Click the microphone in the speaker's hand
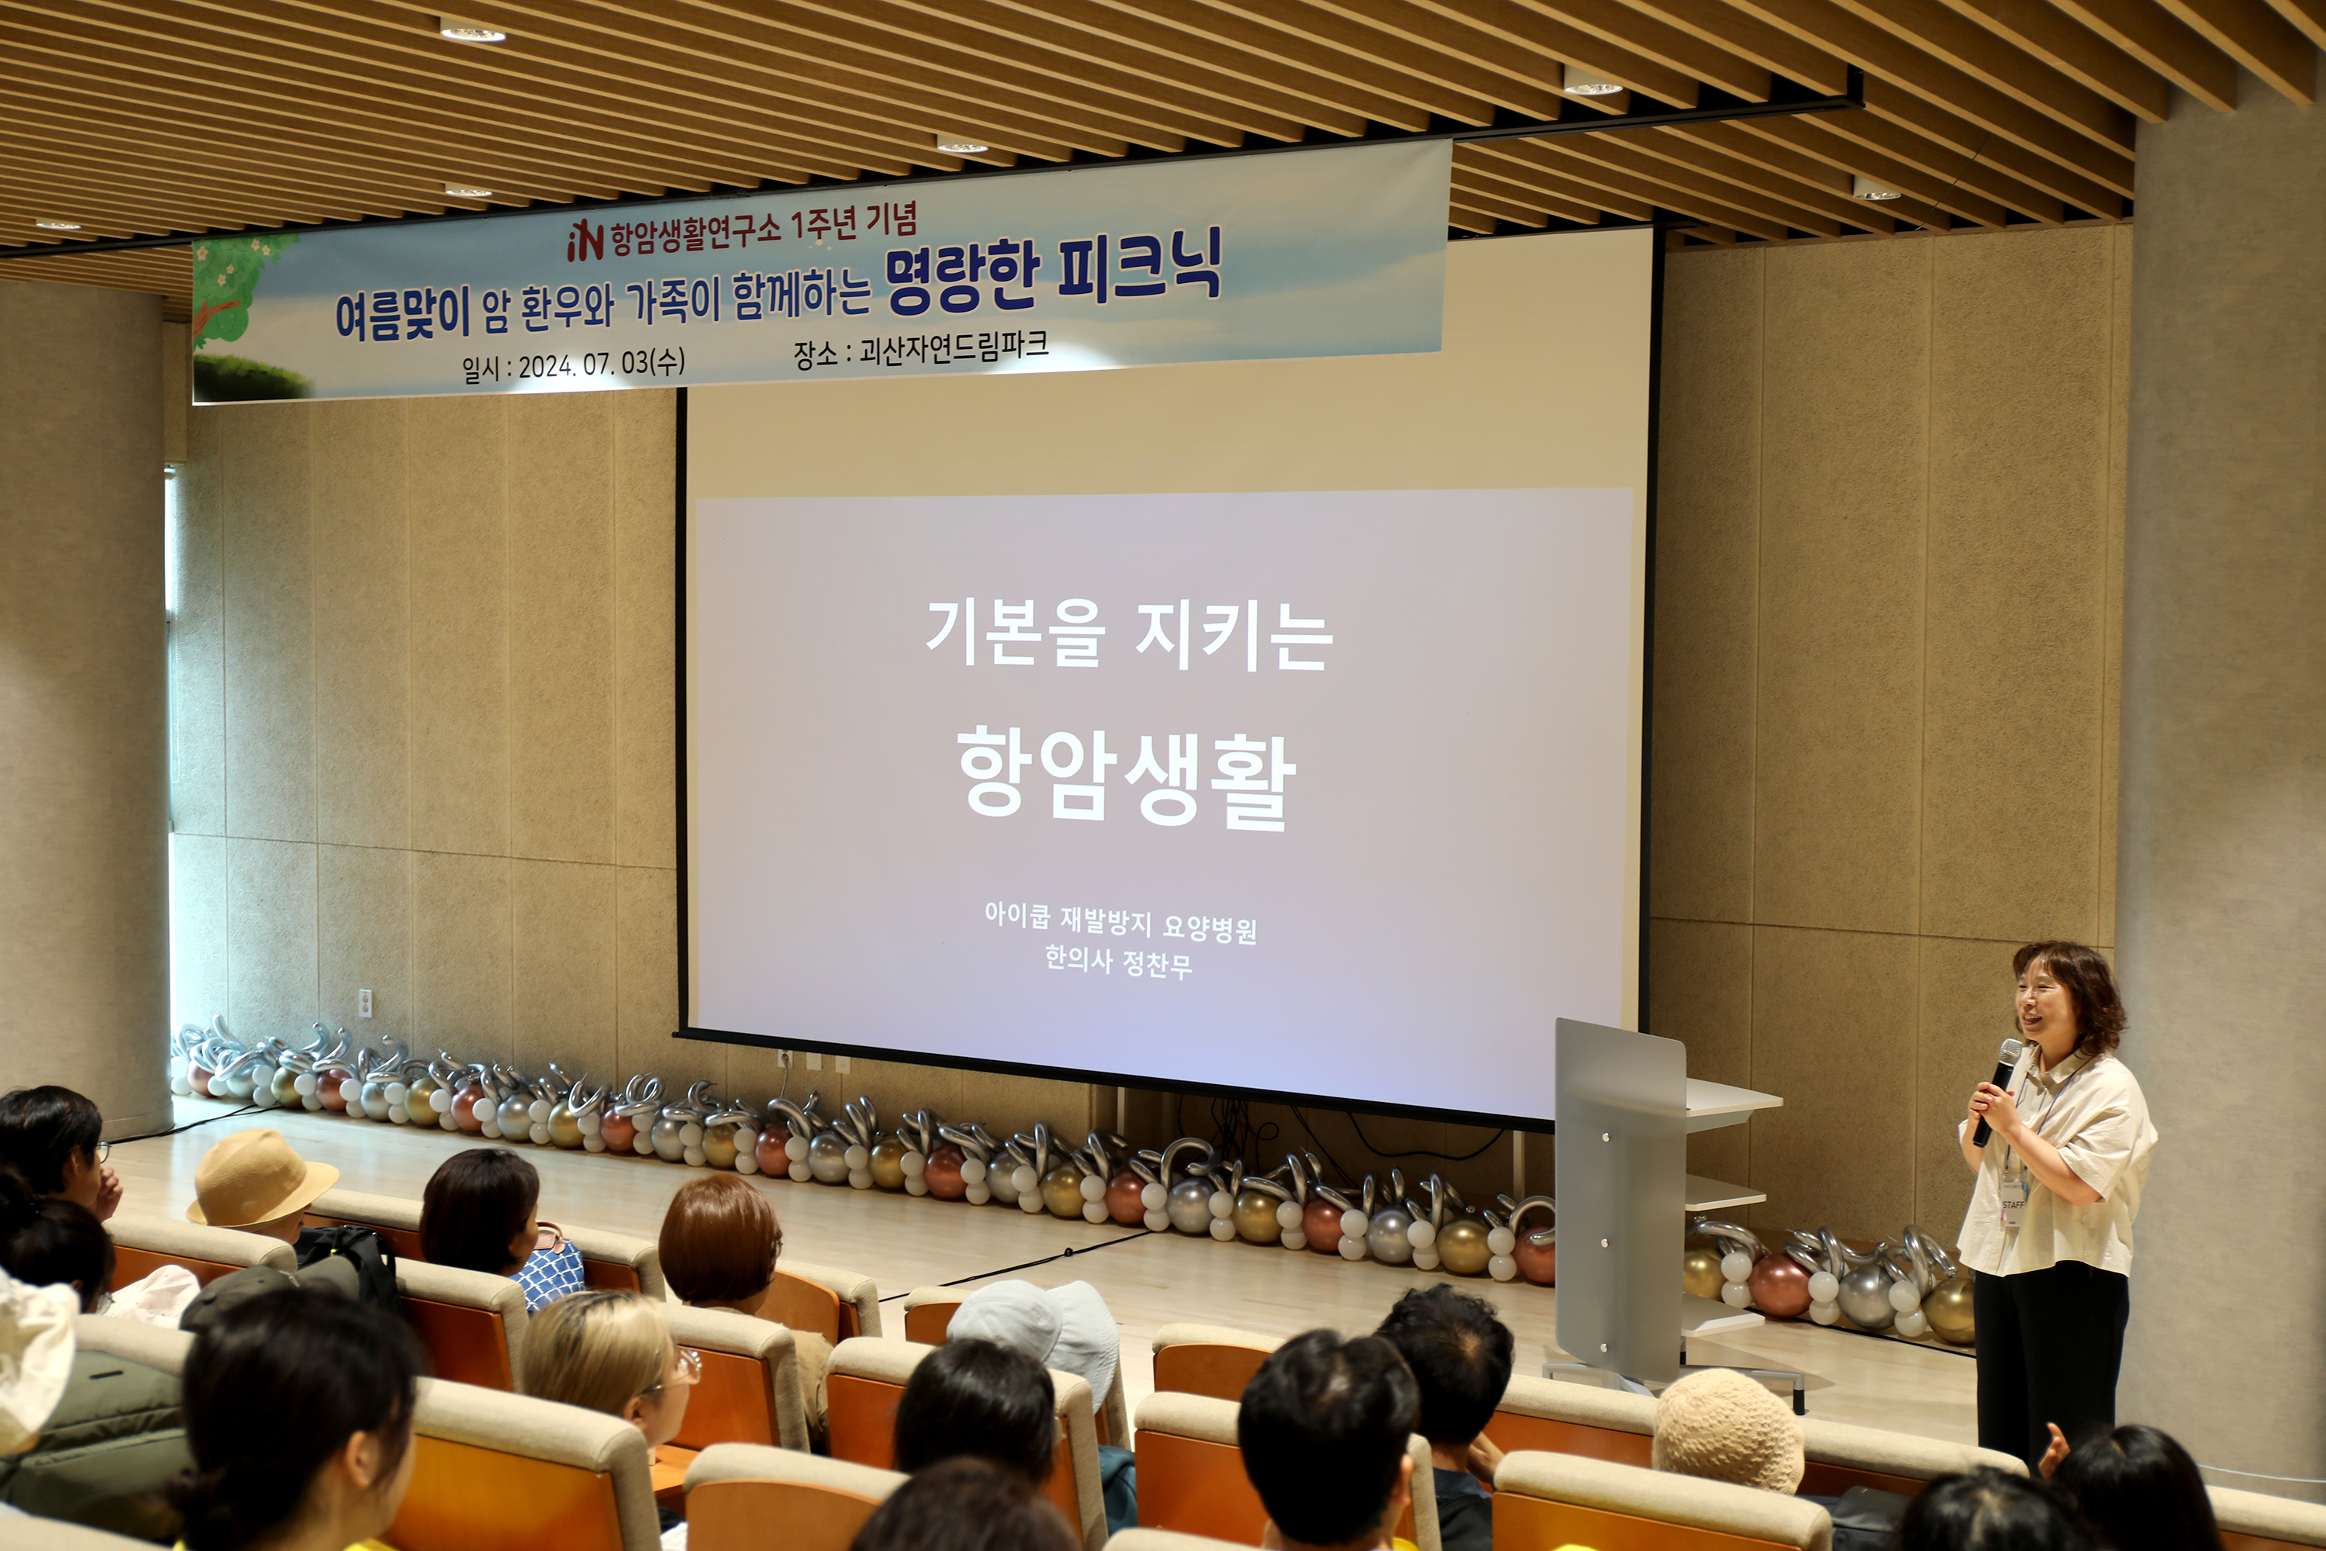click(1996, 1092)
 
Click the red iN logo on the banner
click(585, 240)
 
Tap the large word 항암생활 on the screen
click(1127, 778)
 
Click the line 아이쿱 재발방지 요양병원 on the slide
click(1120, 922)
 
